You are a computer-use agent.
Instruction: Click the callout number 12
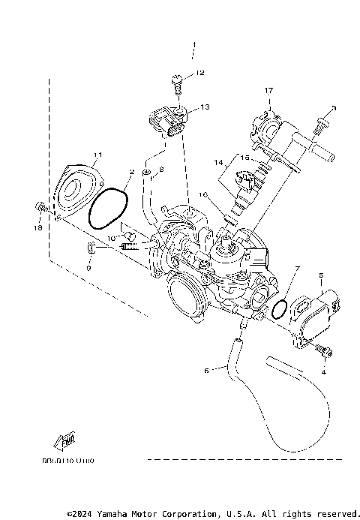tap(199, 73)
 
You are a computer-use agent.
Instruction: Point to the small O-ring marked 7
tap(279, 309)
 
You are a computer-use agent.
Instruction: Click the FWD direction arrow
tap(64, 440)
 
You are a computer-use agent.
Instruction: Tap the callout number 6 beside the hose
tap(206, 369)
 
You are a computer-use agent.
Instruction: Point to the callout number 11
tap(96, 155)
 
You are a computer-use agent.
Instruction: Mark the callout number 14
tap(217, 161)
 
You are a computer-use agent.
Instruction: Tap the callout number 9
tap(88, 267)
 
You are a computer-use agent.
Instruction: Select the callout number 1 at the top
tap(193, 50)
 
